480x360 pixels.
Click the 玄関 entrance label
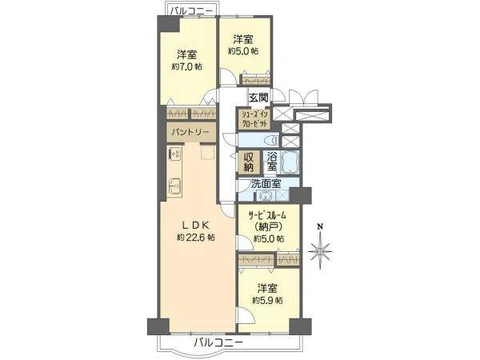258,99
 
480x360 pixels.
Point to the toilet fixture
251,139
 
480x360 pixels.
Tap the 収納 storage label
250,162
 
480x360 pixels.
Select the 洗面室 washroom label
265,184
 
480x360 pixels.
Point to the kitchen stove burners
174,154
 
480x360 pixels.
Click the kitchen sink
175,188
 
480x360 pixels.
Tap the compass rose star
320,254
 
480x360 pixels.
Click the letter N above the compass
320,226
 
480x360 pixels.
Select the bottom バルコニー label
218,343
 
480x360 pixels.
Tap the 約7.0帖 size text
186,66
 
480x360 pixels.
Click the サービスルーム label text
268,215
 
